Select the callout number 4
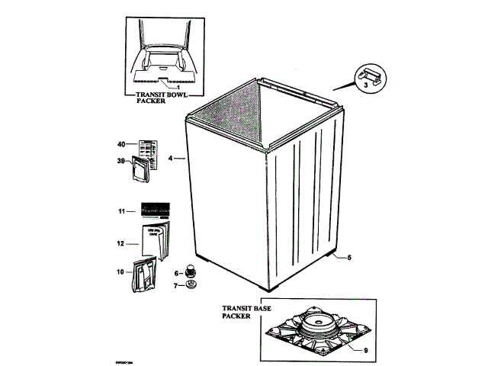171,159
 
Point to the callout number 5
348,258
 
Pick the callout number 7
176,286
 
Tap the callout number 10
120,271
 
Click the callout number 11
120,210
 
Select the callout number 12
120,243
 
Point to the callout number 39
121,160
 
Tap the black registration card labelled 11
153,210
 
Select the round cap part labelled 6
191,272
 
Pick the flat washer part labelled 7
191,286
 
